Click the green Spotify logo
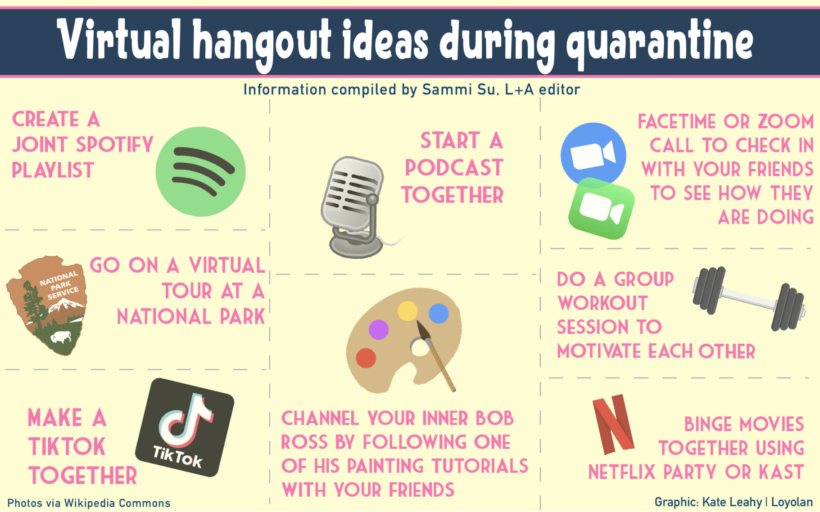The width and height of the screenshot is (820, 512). tap(201, 171)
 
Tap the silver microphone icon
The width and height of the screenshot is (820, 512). tap(353, 205)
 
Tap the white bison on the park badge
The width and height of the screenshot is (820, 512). tap(61, 337)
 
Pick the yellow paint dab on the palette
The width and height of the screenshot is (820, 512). tap(408, 310)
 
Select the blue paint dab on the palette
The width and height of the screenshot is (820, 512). tap(439, 314)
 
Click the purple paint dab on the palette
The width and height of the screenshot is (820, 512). tap(379, 329)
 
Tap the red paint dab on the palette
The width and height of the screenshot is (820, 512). tap(366, 358)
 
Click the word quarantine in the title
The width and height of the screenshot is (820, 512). tap(659, 43)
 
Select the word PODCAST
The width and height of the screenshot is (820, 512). tap(454, 168)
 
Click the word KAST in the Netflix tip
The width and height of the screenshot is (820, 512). tap(781, 472)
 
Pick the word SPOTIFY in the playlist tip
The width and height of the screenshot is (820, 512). tap(115, 145)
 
